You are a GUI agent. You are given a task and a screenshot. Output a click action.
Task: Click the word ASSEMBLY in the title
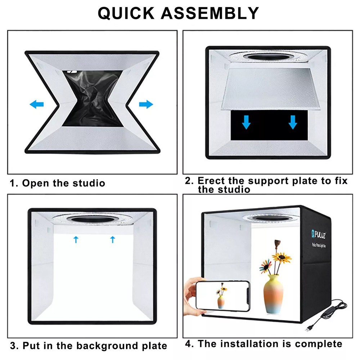[x=210, y=13]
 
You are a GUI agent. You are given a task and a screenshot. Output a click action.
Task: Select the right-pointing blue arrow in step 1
[x=146, y=104]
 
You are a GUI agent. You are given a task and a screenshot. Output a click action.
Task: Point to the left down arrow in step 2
[x=246, y=122]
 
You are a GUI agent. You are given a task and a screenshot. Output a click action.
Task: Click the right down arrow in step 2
[x=293, y=122]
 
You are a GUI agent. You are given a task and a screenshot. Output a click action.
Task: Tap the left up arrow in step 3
[x=76, y=239]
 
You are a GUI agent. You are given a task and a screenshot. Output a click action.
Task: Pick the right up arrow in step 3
[x=113, y=239]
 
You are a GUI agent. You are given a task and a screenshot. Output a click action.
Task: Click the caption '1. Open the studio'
[x=58, y=183]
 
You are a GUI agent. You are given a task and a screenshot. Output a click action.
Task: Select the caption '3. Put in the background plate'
[x=89, y=346]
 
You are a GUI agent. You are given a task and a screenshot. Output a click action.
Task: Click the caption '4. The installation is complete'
[x=264, y=344]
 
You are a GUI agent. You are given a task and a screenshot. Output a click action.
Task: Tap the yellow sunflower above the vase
[x=282, y=257]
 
